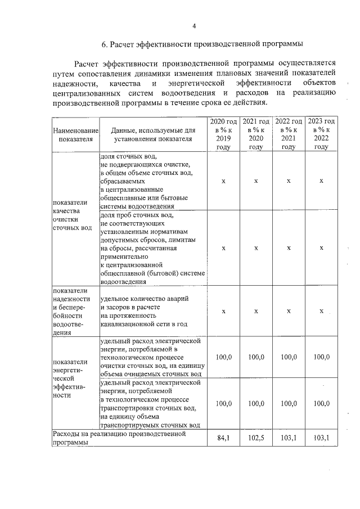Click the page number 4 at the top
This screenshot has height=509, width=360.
193,26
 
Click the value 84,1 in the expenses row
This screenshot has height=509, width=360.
223,438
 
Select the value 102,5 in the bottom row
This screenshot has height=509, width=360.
256,438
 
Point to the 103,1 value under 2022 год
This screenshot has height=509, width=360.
289,438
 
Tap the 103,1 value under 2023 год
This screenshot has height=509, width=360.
321,438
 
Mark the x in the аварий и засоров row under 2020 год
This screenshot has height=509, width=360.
223,311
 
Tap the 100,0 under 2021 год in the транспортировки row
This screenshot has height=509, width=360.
256,403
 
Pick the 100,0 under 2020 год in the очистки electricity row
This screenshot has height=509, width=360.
223,357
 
